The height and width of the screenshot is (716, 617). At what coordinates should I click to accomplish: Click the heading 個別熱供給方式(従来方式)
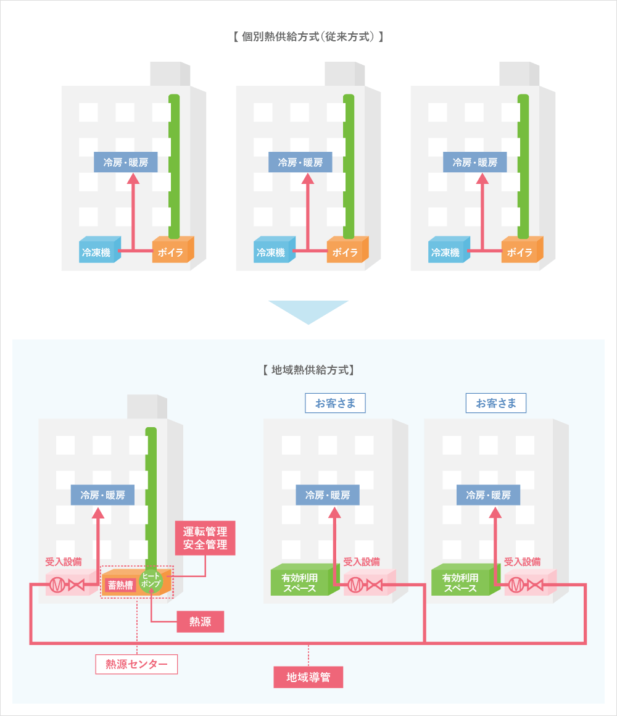click(x=308, y=36)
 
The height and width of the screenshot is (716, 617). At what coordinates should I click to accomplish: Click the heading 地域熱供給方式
click(x=308, y=370)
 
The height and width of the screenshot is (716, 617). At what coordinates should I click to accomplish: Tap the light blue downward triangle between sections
click(x=308, y=310)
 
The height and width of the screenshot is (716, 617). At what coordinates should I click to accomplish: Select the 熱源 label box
click(x=200, y=622)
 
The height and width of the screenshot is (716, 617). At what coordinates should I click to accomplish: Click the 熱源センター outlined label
click(x=136, y=664)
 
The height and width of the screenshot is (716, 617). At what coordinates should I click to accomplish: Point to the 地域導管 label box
click(x=308, y=676)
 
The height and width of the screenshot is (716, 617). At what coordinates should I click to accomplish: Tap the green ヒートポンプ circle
click(x=151, y=580)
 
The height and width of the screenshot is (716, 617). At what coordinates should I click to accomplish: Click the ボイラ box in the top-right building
click(x=520, y=252)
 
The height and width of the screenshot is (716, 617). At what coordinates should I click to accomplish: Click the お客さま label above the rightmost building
click(x=496, y=404)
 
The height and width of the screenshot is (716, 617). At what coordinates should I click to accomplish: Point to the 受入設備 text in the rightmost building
click(x=522, y=562)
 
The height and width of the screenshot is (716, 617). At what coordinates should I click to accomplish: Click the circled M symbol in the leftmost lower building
click(x=57, y=585)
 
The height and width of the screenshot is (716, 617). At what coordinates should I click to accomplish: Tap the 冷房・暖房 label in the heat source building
click(x=102, y=495)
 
